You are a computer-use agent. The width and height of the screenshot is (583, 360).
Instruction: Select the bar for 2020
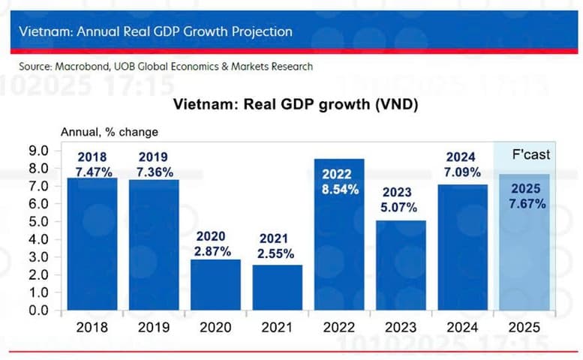[x=215, y=285]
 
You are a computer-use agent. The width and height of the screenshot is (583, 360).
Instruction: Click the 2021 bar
[x=277, y=288]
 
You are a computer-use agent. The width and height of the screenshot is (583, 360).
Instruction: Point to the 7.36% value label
[x=154, y=172]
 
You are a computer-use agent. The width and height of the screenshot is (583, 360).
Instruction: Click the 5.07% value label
[x=400, y=208]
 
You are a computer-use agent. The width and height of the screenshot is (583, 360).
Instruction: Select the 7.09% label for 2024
[x=461, y=172]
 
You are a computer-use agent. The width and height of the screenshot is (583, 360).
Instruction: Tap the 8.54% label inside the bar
[x=338, y=189]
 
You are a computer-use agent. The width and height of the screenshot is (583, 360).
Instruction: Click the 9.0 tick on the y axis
[x=39, y=150]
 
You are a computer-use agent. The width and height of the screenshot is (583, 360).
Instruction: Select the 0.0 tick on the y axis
[x=39, y=310]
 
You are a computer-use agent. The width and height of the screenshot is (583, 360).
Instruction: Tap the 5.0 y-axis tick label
[x=39, y=221]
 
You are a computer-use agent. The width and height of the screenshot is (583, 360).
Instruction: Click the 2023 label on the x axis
[x=400, y=328]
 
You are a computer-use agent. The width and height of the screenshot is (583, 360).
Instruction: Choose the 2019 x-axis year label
[x=154, y=328]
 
